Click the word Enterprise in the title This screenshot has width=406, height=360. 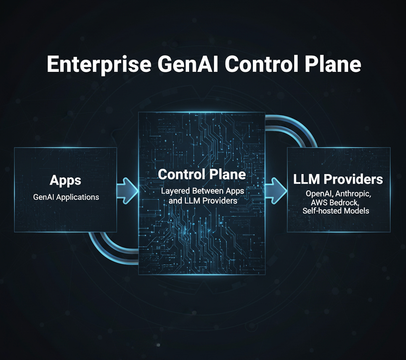(x=99, y=64)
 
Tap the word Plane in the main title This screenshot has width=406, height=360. (x=333, y=64)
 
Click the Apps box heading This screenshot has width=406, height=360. (x=65, y=180)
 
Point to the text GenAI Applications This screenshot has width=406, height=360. (x=66, y=197)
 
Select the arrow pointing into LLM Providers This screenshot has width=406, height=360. (x=276, y=191)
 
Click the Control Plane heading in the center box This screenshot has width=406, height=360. (x=202, y=174)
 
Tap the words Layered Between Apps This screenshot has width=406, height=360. (x=202, y=191)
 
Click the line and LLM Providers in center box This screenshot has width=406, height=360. (x=203, y=201)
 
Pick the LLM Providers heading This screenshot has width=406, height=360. (x=338, y=179)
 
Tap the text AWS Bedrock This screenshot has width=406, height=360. (x=335, y=203)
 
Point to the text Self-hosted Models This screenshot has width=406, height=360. (x=336, y=211)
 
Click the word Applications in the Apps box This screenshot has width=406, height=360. (x=78, y=197)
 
